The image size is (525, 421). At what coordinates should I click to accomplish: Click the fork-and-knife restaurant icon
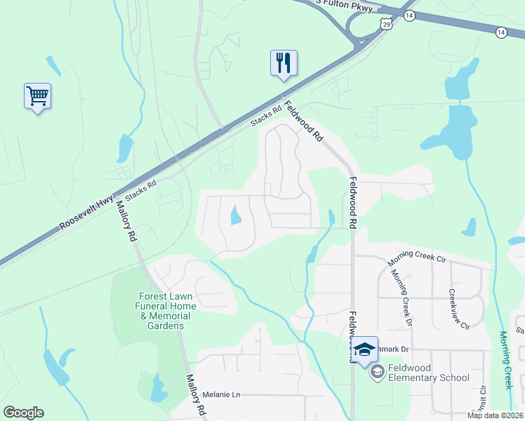(x=284, y=62)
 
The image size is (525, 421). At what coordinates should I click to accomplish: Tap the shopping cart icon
(x=37, y=95)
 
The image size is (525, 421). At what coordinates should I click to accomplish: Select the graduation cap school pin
(x=365, y=349)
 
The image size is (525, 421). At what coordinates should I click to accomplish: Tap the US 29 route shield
(x=387, y=25)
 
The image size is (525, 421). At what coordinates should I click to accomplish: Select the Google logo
(x=23, y=413)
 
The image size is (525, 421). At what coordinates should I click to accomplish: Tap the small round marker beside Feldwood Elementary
(x=377, y=370)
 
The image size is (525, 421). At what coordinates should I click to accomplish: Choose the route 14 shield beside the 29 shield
(x=410, y=15)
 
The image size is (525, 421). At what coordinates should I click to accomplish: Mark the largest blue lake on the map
(x=457, y=134)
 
